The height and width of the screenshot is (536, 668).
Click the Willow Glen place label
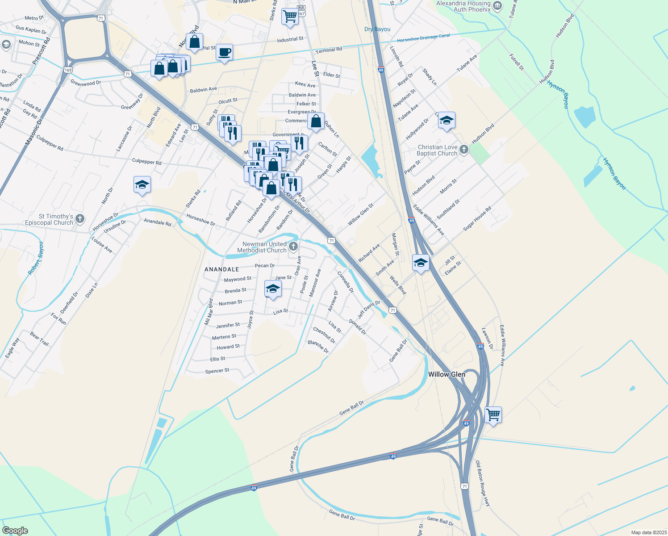pos(447,374)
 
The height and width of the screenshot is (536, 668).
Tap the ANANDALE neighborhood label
pos(222,269)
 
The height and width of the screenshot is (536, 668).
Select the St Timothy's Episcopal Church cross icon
pos(80,219)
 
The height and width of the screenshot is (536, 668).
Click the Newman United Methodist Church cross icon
pos(293,246)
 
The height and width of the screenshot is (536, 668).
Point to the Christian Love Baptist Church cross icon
pos(464,150)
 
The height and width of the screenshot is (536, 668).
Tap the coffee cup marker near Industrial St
pos(225,52)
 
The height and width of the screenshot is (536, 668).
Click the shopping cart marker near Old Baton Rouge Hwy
pos(493,415)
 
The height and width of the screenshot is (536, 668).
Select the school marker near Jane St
pos(273,289)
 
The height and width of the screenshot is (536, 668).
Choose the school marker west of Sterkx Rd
pos(142,184)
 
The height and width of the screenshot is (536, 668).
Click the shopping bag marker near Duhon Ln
pos(316,121)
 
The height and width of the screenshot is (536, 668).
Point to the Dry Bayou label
pos(377,29)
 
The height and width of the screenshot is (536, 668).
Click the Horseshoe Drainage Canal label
pos(423,37)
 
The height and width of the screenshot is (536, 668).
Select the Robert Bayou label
pos(37,258)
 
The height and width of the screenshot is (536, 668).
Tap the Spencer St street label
pos(217,371)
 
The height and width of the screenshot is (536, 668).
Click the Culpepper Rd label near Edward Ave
pos(146,161)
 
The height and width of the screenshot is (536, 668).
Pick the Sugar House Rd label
pos(477,218)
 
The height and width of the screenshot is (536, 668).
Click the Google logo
pos(15,531)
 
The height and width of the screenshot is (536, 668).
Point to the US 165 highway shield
pos(68,70)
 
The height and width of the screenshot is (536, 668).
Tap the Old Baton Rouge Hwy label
pos(483,483)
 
